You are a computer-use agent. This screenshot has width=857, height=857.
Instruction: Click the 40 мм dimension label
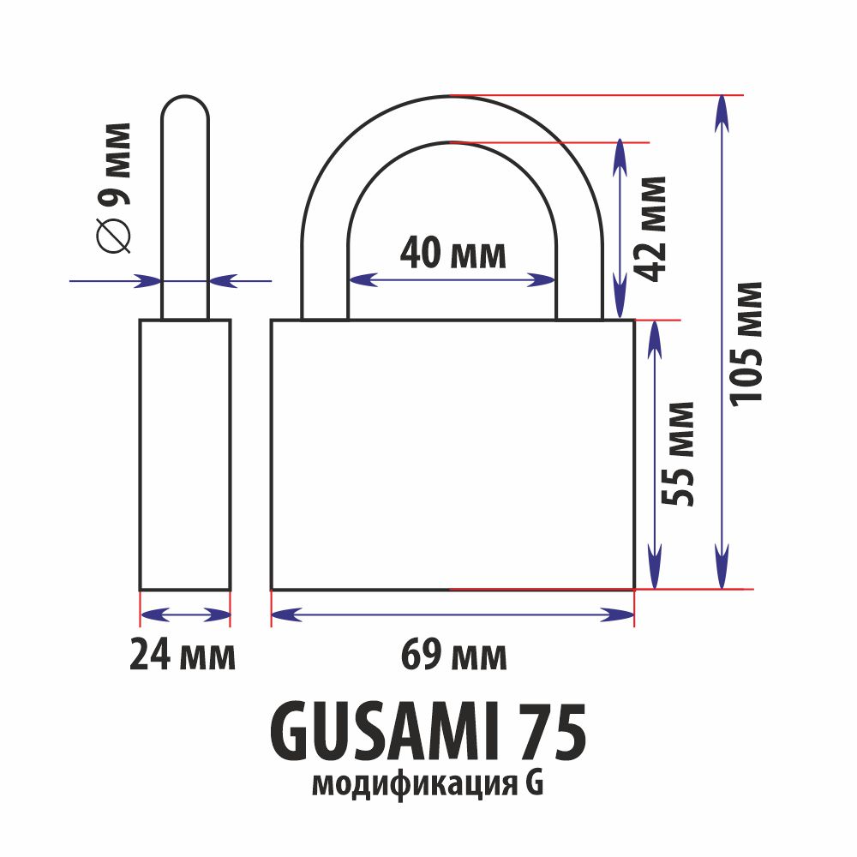(453, 253)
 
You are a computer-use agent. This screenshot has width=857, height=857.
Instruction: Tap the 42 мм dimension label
(652, 229)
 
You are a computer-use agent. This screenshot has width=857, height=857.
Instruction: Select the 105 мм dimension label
(746, 344)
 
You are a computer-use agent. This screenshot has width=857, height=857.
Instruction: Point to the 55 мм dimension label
(678, 453)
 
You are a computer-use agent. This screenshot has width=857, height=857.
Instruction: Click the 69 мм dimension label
(453, 655)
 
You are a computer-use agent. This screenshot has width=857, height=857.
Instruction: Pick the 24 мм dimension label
(183, 655)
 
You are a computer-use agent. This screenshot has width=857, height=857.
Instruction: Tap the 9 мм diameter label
(116, 164)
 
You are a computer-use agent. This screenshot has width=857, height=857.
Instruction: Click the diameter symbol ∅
(114, 235)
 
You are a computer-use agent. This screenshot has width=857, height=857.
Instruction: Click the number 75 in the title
(552, 733)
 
